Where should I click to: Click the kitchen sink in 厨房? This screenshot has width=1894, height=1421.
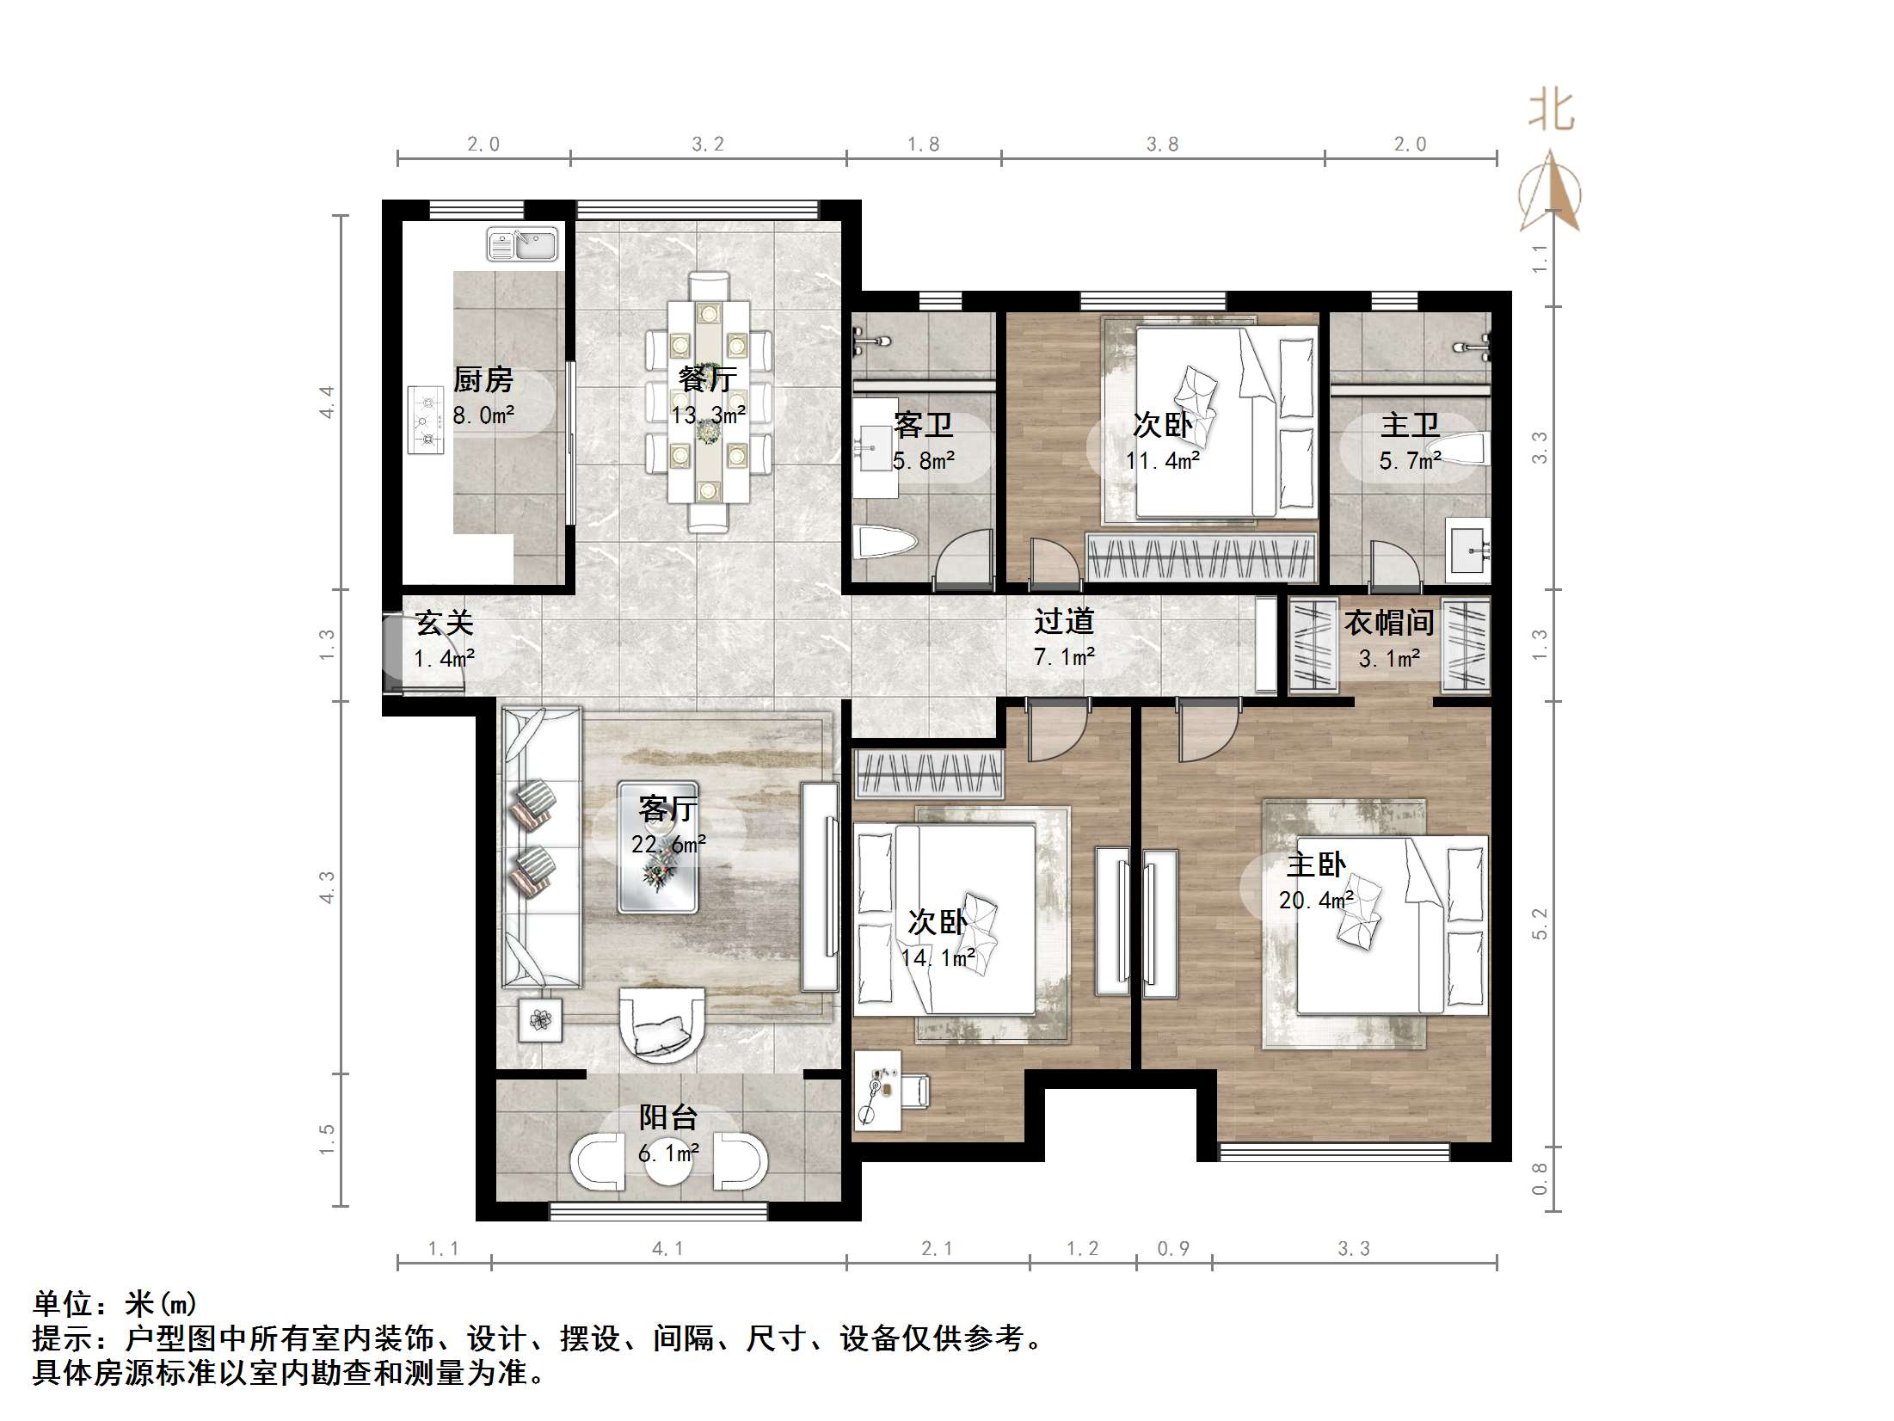tap(522, 243)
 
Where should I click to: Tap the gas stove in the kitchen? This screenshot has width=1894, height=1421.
tap(426, 420)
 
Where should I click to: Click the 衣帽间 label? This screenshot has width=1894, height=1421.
tap(1389, 622)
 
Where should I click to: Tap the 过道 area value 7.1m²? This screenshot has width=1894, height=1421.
tap(1064, 658)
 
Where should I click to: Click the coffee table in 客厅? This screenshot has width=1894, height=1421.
tap(658, 847)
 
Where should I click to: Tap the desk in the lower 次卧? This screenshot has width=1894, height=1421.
tap(877, 1089)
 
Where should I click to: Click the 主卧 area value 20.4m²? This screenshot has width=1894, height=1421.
tap(1316, 901)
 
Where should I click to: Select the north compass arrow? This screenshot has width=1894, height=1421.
tap(1550, 190)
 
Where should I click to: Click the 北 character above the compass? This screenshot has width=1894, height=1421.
tap(1551, 111)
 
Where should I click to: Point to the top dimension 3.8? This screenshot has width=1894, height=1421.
tap(1162, 145)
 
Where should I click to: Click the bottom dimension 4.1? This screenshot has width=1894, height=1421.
tap(667, 1248)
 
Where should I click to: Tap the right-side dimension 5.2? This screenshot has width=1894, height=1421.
tap(1540, 924)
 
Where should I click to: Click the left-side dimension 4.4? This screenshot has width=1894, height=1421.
tap(327, 402)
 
